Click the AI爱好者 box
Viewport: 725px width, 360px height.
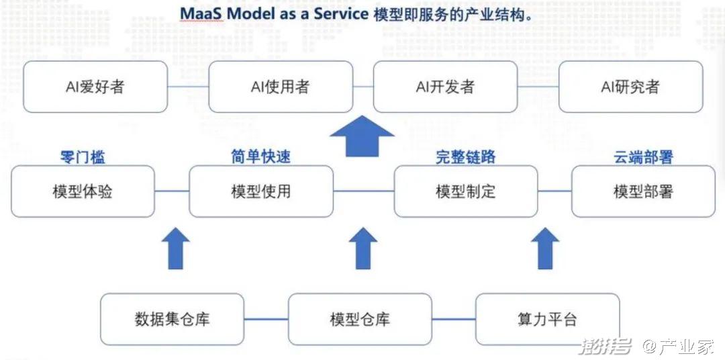[95, 87]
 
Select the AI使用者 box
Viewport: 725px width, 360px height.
[280, 87]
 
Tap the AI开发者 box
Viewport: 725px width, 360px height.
[445, 87]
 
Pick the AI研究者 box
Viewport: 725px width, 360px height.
[630, 87]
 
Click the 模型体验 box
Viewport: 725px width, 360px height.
[83, 191]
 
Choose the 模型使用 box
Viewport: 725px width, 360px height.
[261, 191]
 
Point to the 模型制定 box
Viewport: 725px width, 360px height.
[466, 191]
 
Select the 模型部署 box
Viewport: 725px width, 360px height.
[643, 191]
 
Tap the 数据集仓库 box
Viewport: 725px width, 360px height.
[172, 318]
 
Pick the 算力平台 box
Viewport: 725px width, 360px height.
[547, 318]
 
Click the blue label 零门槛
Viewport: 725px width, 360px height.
[83, 157]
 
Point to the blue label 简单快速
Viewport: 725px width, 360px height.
[261, 157]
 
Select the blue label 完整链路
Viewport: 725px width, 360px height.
[466, 157]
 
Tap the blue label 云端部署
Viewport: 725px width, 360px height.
[643, 157]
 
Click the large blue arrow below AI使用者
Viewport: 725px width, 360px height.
[362, 136]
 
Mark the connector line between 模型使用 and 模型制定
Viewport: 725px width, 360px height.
[363, 191]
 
